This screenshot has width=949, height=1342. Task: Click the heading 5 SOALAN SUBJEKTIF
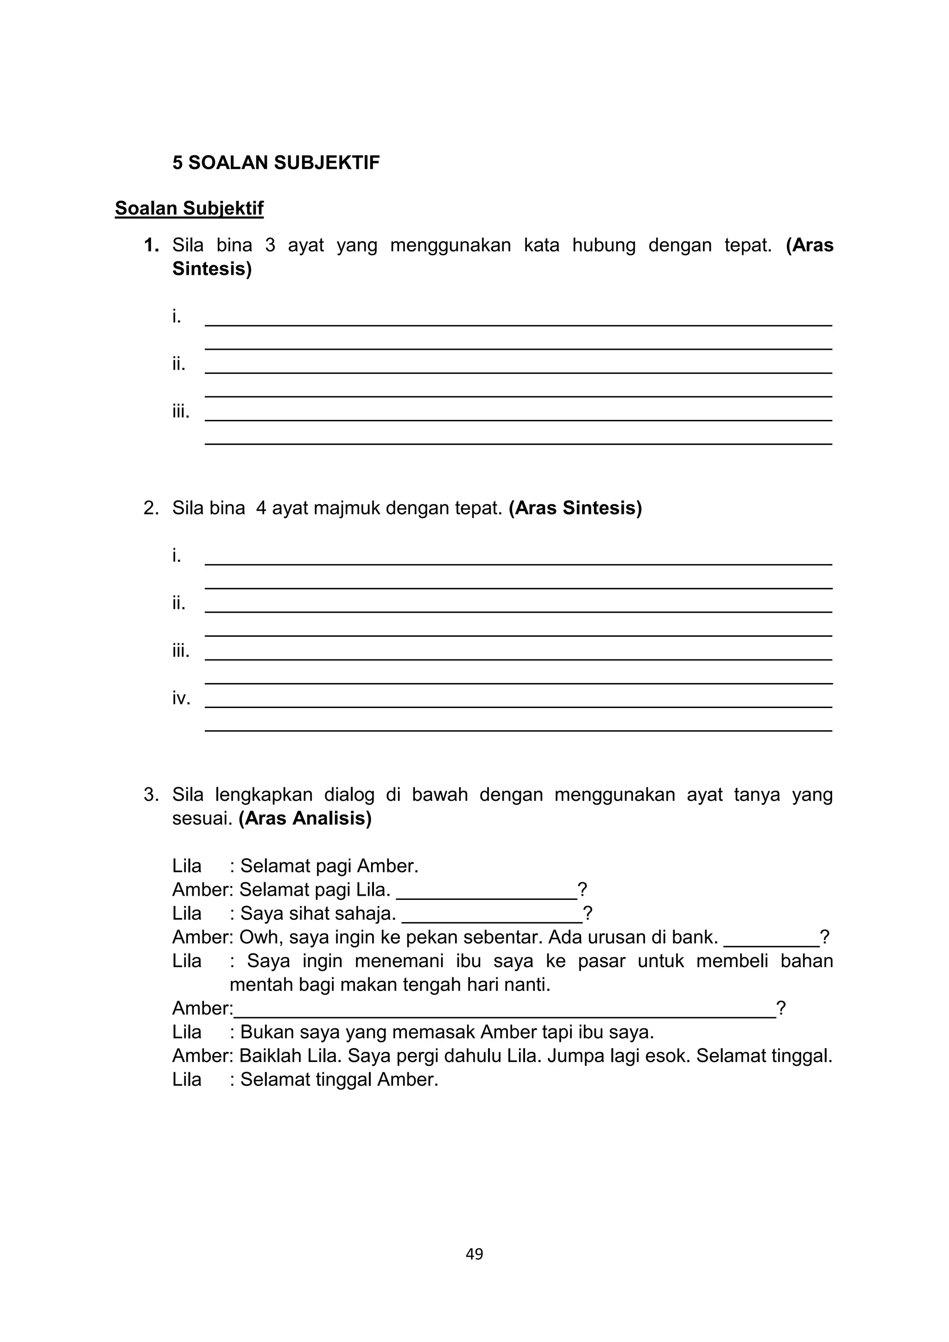(275, 163)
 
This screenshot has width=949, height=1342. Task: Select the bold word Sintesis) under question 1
(212, 269)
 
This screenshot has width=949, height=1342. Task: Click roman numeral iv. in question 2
(181, 698)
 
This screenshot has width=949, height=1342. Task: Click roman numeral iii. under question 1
(181, 411)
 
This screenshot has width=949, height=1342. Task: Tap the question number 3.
(152, 795)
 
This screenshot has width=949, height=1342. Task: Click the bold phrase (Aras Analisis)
(304, 818)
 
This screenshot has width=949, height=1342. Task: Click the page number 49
(474, 1254)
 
